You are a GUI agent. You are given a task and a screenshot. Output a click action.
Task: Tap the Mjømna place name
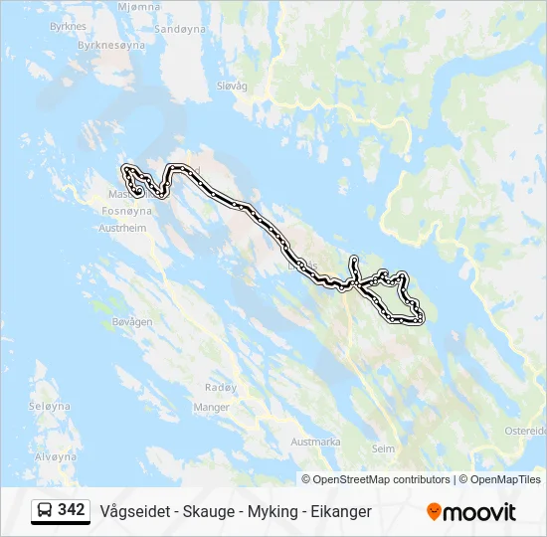click(138, 7)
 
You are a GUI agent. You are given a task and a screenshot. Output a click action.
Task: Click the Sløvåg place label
click(231, 87)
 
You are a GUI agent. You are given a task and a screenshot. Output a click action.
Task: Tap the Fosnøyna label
click(127, 212)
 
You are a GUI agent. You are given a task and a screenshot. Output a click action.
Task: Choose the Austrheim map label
click(123, 228)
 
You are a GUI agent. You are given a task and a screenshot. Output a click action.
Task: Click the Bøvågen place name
click(132, 322)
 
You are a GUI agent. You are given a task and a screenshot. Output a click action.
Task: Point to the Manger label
click(212, 407)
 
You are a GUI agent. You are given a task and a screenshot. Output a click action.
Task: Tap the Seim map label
click(382, 448)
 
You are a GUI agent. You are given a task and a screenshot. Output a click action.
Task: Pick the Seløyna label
click(50, 407)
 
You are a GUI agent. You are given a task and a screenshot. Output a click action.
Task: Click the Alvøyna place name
click(55, 456)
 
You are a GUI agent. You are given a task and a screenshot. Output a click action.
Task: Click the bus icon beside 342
click(45, 511)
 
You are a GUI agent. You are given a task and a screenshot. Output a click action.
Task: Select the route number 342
click(72, 510)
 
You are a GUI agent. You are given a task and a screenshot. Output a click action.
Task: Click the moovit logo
click(471, 512)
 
